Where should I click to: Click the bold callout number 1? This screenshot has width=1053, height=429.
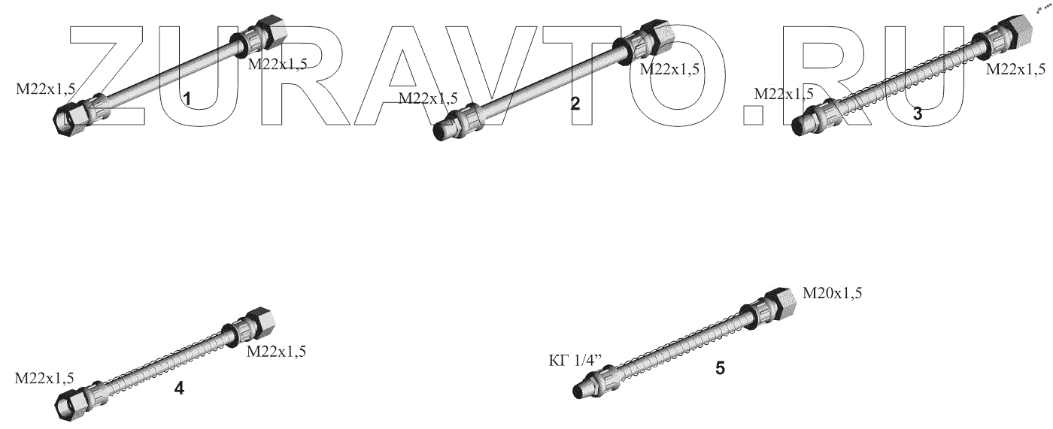[187, 99]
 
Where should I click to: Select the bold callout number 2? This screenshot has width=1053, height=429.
[575, 104]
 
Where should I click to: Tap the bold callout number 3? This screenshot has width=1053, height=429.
[918, 113]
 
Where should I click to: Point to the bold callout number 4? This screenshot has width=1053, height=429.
[179, 388]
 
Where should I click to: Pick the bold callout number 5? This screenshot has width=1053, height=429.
[721, 368]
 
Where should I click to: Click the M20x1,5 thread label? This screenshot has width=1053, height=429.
[832, 293]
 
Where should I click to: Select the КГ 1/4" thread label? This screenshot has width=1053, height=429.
[575, 361]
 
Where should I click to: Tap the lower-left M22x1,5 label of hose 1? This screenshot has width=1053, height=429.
[46, 89]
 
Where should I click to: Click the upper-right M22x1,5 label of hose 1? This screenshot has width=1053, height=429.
[278, 65]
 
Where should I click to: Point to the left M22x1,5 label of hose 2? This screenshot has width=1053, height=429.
[428, 98]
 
